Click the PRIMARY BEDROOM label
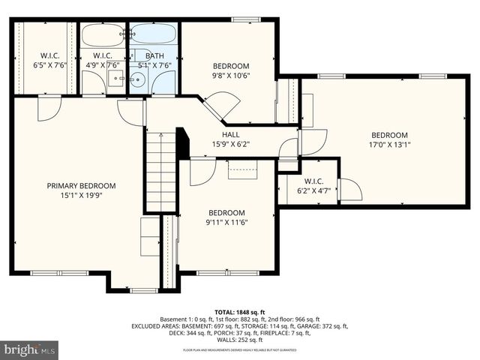point(81,185)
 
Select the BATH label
point(154,55)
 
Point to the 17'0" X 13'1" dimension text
point(389,145)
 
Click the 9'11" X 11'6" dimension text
point(226,222)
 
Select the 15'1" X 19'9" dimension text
point(81,195)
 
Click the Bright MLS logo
point(30,349)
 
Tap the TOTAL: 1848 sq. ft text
point(240,311)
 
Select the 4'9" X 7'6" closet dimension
point(103,65)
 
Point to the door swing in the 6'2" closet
point(349,190)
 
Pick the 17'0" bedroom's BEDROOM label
point(389,136)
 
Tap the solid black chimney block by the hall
point(182,142)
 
